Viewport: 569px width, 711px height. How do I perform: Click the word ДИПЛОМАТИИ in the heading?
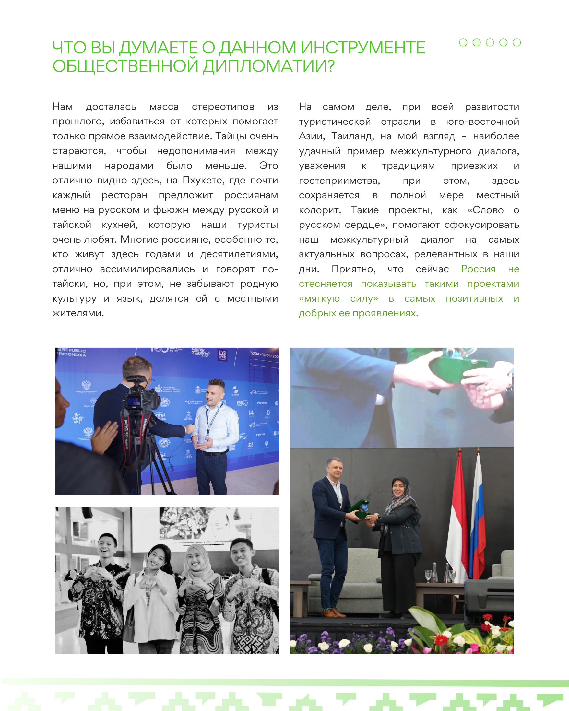coord(268,66)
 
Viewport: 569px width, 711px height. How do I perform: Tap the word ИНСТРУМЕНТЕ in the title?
coord(363,48)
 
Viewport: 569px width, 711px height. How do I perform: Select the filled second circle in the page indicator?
coord(476,42)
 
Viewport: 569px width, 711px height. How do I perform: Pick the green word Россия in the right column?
coord(478,269)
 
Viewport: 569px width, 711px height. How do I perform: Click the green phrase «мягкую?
coord(319,299)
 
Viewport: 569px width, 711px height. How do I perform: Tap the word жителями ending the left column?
coord(78,313)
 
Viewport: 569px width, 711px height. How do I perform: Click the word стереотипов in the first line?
coord(223,107)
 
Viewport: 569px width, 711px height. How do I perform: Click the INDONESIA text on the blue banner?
coord(72,355)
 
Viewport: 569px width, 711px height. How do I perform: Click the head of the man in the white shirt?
coord(216,393)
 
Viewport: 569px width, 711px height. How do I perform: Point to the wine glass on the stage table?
coord(428,576)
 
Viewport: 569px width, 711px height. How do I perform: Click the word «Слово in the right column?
coord(486,210)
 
